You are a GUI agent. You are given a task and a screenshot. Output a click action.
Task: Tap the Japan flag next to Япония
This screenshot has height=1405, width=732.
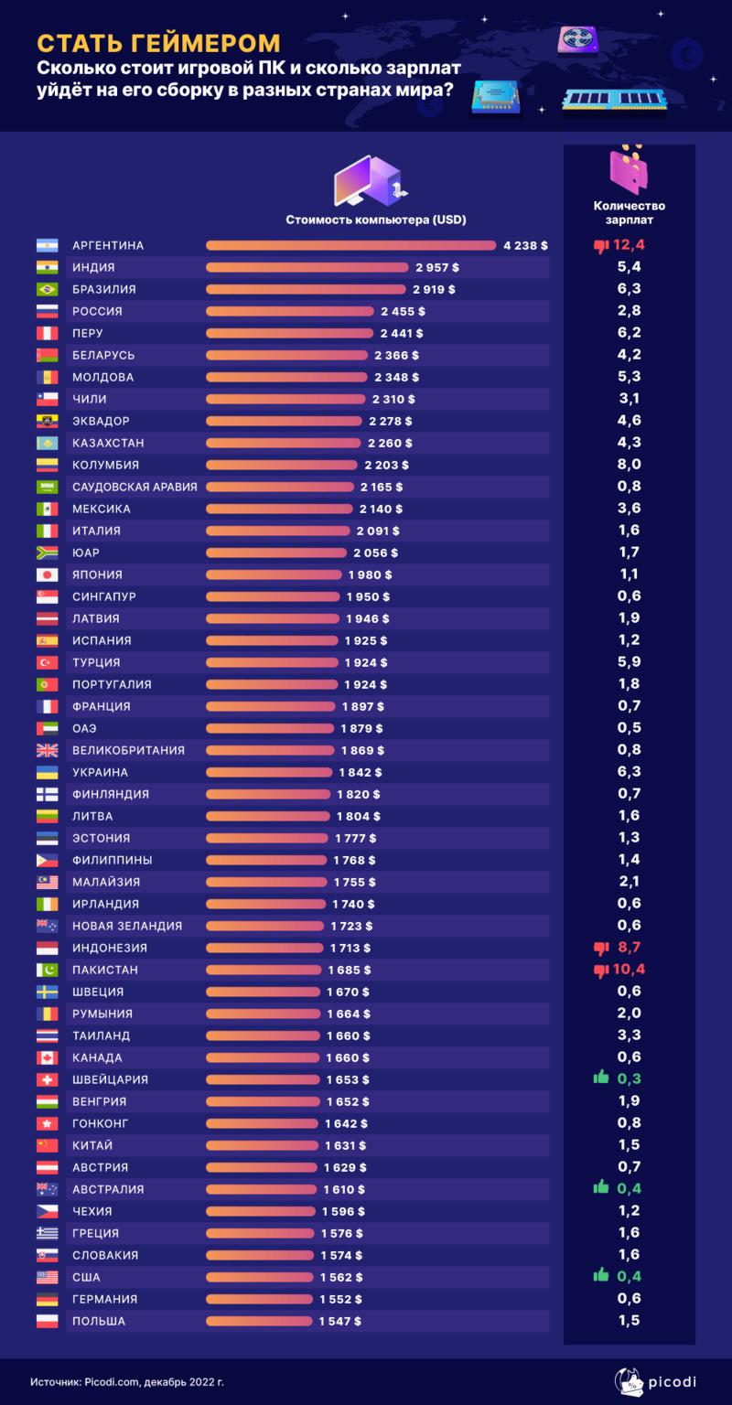pyautogui.click(x=47, y=574)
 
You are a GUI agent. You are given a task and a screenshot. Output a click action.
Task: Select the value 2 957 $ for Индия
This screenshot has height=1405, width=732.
pyautogui.click(x=437, y=267)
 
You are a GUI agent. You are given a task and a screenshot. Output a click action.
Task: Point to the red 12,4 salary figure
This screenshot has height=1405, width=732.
pyautogui.click(x=629, y=245)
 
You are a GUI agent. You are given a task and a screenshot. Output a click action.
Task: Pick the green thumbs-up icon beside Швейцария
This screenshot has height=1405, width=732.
pyautogui.click(x=601, y=1078)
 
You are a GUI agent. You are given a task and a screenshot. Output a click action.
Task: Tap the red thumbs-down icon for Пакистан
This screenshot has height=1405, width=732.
pyautogui.click(x=601, y=970)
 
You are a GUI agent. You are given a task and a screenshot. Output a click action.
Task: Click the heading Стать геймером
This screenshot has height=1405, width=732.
pyautogui.click(x=158, y=42)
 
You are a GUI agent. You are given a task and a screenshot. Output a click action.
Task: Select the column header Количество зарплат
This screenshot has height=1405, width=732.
pyautogui.click(x=629, y=212)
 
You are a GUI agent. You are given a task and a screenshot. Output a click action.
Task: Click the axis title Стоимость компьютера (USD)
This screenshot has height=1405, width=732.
pyautogui.click(x=376, y=220)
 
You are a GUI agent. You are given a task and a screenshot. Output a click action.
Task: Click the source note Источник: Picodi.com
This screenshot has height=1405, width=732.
pyautogui.click(x=126, y=1381)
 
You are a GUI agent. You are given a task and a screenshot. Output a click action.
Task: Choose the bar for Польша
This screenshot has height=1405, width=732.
pyautogui.click(x=260, y=1321)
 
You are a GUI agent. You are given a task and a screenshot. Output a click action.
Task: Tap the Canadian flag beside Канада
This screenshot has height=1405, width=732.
pyautogui.click(x=47, y=1057)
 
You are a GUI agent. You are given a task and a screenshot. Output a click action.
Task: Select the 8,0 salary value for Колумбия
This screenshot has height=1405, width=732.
pyautogui.click(x=629, y=465)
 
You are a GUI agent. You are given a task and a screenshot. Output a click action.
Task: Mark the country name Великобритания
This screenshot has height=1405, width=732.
pyautogui.click(x=128, y=750)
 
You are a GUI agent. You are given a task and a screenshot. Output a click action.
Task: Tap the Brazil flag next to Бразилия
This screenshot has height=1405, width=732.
pyautogui.click(x=47, y=289)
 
